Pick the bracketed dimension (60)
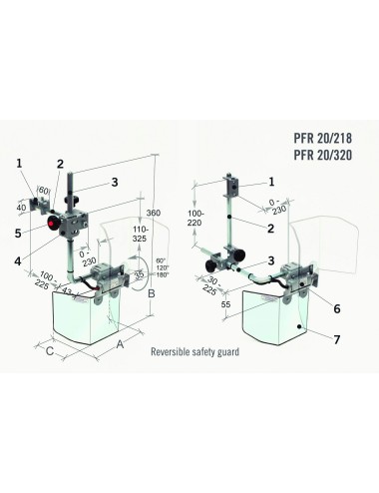coord(44,191)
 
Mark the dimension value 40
coord(22,207)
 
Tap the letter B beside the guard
coord(151,295)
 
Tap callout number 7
coord(336,339)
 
